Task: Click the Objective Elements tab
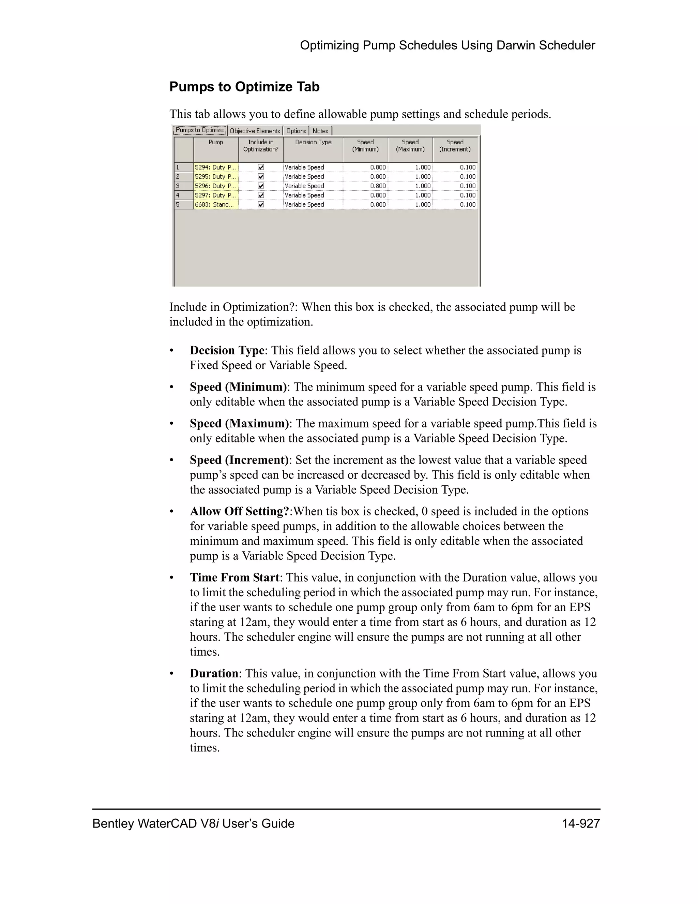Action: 255,131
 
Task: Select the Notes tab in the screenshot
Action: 320,131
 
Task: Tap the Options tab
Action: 296,131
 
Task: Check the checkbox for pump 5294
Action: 261,167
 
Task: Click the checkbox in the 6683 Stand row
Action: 261,204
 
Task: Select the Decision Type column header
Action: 313,142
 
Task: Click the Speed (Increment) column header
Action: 455,146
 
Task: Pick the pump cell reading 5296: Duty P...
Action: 215,186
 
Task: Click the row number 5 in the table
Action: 184,204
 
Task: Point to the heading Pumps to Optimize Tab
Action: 244,87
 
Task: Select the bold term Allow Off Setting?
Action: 240,511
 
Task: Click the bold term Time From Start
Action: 234,578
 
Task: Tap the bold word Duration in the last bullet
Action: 214,673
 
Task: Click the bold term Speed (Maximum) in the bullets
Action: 239,423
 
